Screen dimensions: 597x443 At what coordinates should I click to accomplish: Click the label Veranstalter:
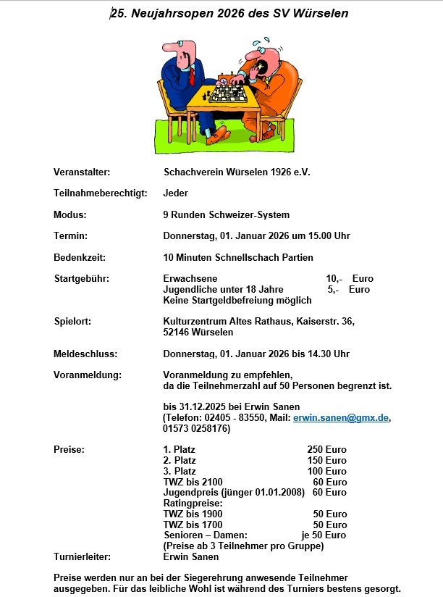82,172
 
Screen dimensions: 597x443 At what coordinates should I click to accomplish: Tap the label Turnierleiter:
82,557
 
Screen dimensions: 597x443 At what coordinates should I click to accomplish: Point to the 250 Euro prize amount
326,450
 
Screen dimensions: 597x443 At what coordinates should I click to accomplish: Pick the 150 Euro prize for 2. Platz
326,461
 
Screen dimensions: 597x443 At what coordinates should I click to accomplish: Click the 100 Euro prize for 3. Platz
326,472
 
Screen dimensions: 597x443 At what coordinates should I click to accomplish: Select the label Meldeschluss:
85,354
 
